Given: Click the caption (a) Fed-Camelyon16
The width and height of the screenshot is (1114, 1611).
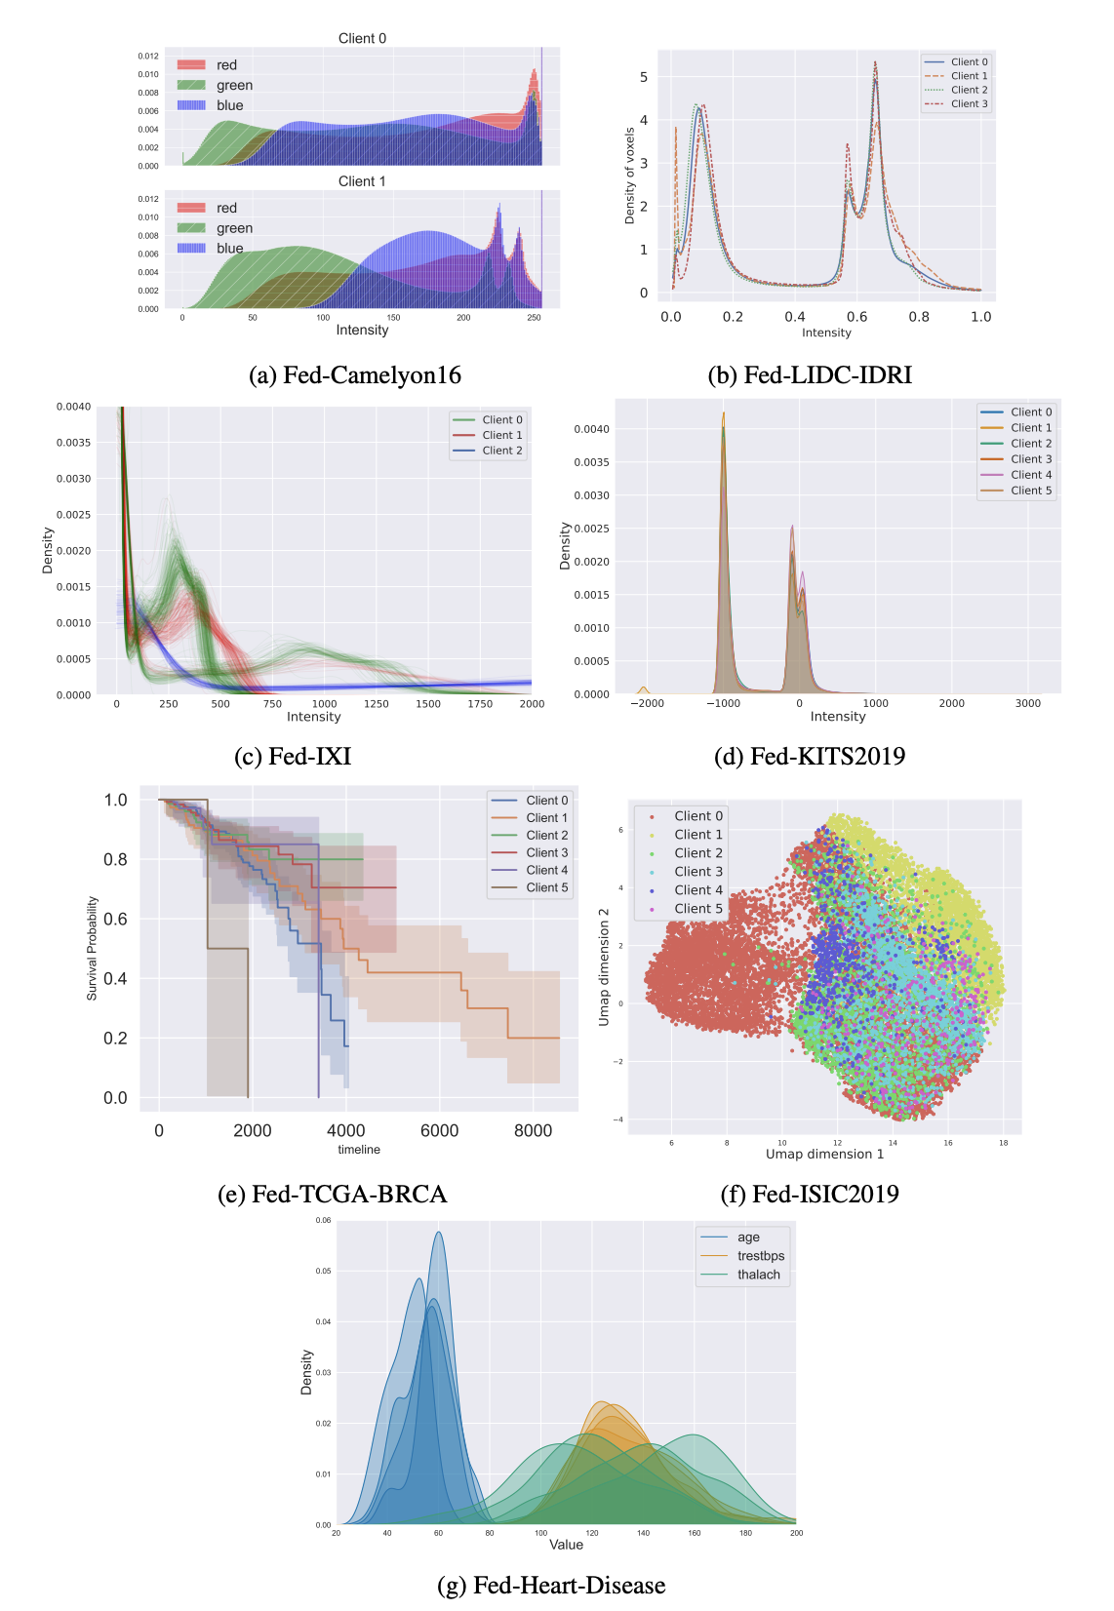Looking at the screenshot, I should [355, 375].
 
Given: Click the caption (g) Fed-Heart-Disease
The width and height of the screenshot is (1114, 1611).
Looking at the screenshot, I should [551, 1586].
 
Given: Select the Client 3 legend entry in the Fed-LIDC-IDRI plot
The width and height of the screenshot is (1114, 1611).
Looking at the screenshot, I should [969, 103].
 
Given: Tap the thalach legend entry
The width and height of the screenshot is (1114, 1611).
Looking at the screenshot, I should [758, 1275].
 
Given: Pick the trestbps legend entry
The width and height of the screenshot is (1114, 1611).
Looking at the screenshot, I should [760, 1256].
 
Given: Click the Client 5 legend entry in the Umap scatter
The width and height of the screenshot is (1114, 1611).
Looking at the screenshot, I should [698, 909].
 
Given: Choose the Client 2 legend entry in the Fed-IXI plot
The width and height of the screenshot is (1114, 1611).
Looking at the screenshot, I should [501, 451].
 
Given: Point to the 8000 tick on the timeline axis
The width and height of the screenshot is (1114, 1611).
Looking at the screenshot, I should [533, 1131].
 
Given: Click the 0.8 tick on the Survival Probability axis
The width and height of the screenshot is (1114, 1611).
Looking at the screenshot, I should [115, 859].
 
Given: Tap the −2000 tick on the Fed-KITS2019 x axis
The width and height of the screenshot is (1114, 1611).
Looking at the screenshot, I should [647, 703].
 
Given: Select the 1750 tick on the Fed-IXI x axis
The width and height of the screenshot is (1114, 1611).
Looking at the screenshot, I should [480, 704].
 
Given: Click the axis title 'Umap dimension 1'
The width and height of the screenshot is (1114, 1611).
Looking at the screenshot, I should [824, 1155].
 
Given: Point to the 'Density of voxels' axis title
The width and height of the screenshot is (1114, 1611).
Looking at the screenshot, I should [630, 176].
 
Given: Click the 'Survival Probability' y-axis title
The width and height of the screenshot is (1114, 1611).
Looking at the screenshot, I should [93, 948].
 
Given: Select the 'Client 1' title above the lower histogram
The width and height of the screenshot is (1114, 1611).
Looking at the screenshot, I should [362, 181].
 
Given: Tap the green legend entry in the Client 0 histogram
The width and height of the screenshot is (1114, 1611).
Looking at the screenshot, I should [234, 86].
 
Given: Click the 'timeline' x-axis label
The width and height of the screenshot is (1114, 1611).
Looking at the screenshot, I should [359, 1150].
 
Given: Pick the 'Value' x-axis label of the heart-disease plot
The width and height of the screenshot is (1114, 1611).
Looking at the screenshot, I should [566, 1545].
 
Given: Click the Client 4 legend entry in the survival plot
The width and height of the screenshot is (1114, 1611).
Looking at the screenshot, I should [546, 870].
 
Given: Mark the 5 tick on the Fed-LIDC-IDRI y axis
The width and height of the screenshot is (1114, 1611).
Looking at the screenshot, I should [644, 77].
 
